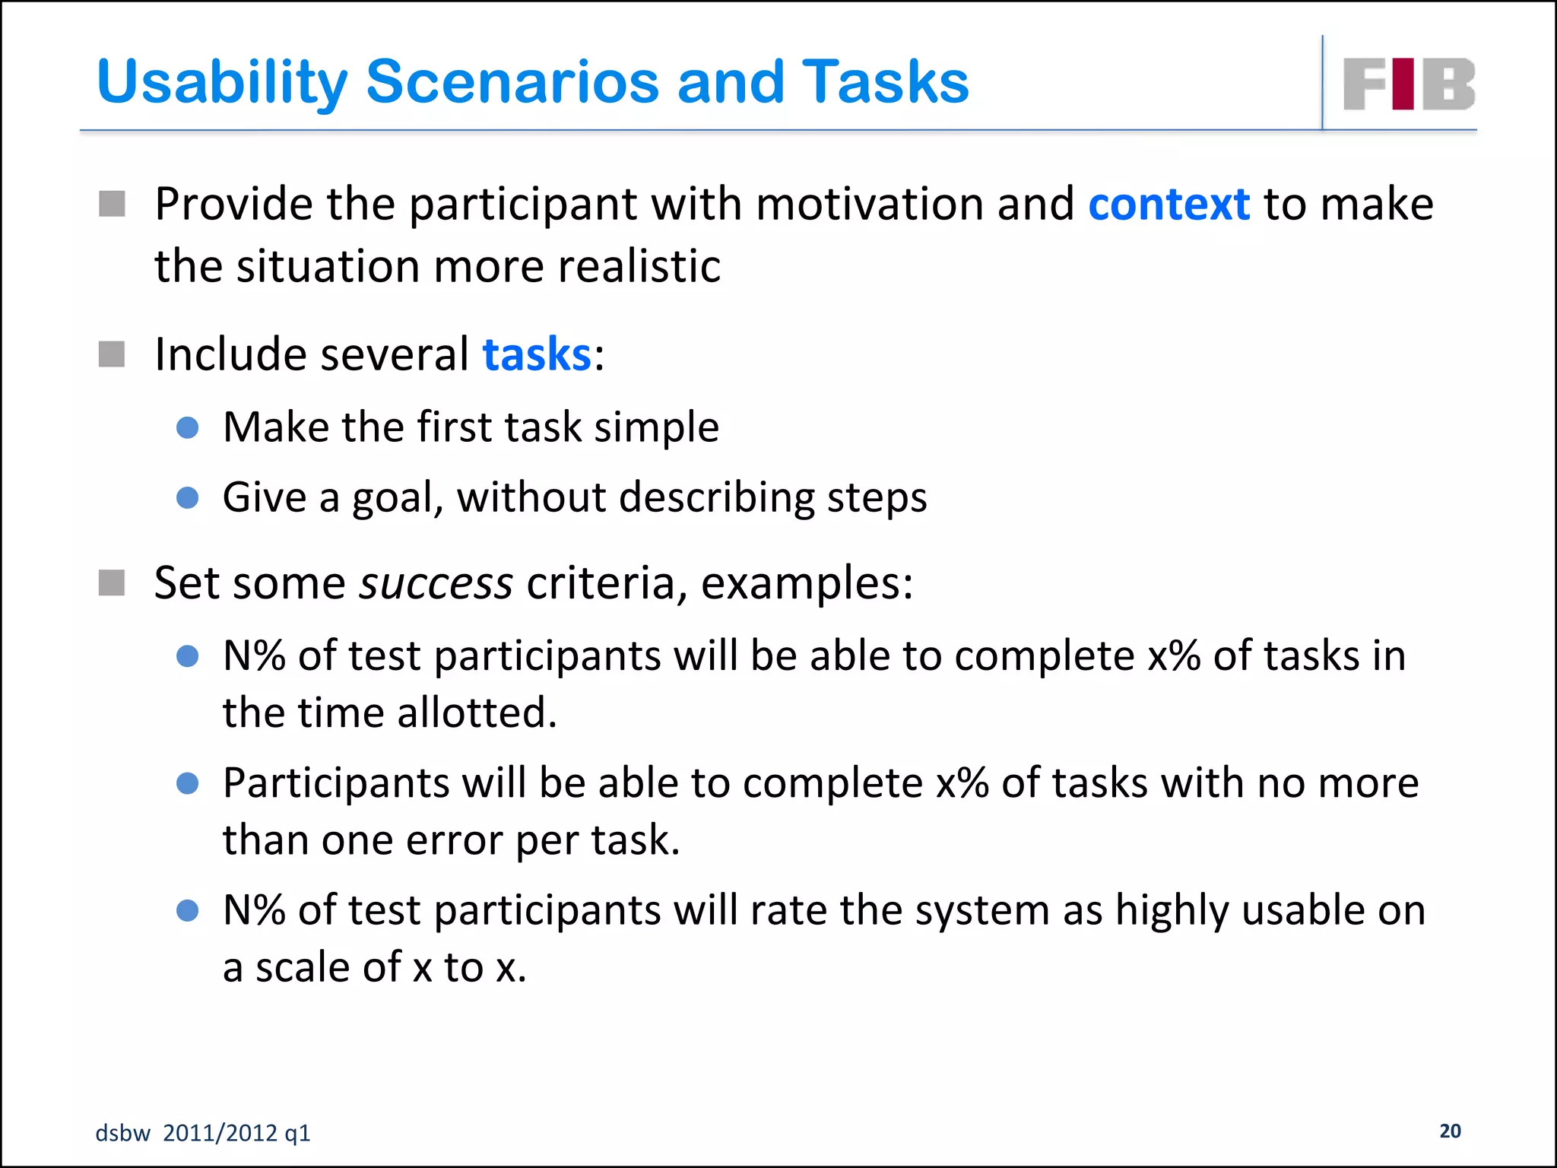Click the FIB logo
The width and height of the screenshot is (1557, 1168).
[x=1409, y=84]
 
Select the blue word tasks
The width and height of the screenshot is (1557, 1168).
[x=537, y=354]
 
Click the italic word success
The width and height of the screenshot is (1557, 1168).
[x=436, y=583]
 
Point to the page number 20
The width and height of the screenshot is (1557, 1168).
[x=1450, y=1131]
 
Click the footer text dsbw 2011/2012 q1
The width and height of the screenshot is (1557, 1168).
[x=203, y=1133]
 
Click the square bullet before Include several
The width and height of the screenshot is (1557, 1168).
[x=112, y=354]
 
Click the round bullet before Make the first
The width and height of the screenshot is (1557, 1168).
[x=187, y=427]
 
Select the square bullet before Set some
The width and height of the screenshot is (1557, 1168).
[x=112, y=583]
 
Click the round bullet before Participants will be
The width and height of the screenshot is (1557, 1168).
[x=187, y=783]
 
